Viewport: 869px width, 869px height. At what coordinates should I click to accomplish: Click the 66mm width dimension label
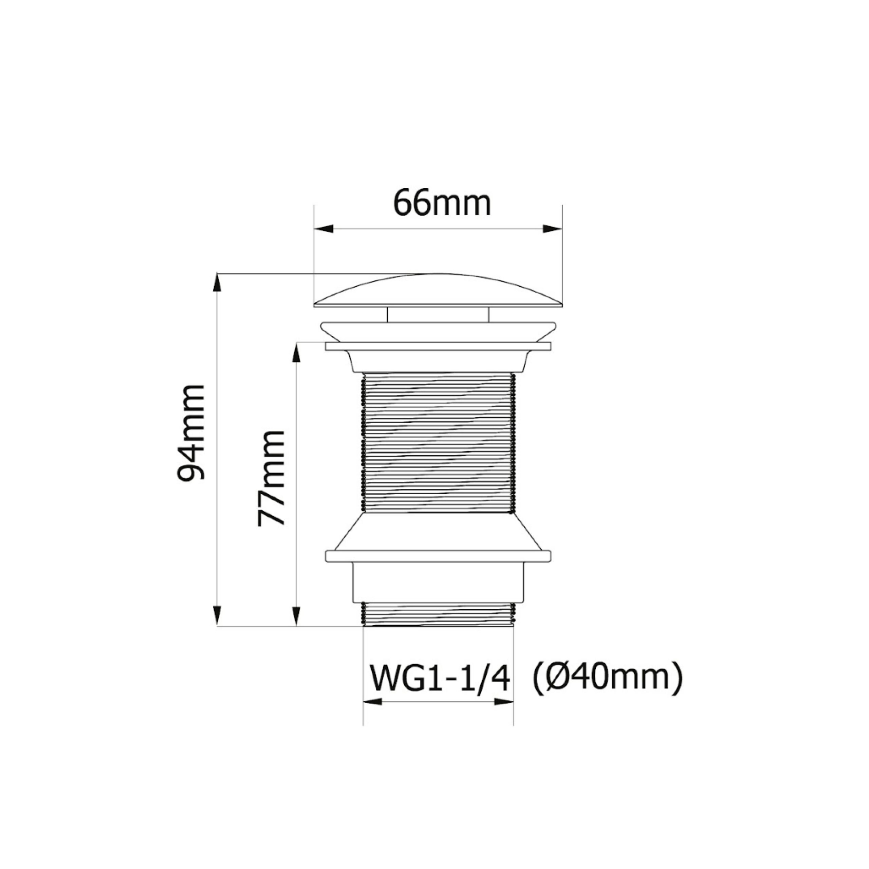click(442, 203)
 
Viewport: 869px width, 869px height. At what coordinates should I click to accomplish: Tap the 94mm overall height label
click(191, 433)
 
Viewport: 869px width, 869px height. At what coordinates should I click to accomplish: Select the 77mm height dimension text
click(271, 478)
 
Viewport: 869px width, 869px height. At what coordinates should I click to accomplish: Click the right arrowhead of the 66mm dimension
click(553, 228)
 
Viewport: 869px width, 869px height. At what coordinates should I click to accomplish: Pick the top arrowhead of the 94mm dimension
click(217, 283)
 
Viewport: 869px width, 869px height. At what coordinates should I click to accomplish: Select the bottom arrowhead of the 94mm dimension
click(217, 615)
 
